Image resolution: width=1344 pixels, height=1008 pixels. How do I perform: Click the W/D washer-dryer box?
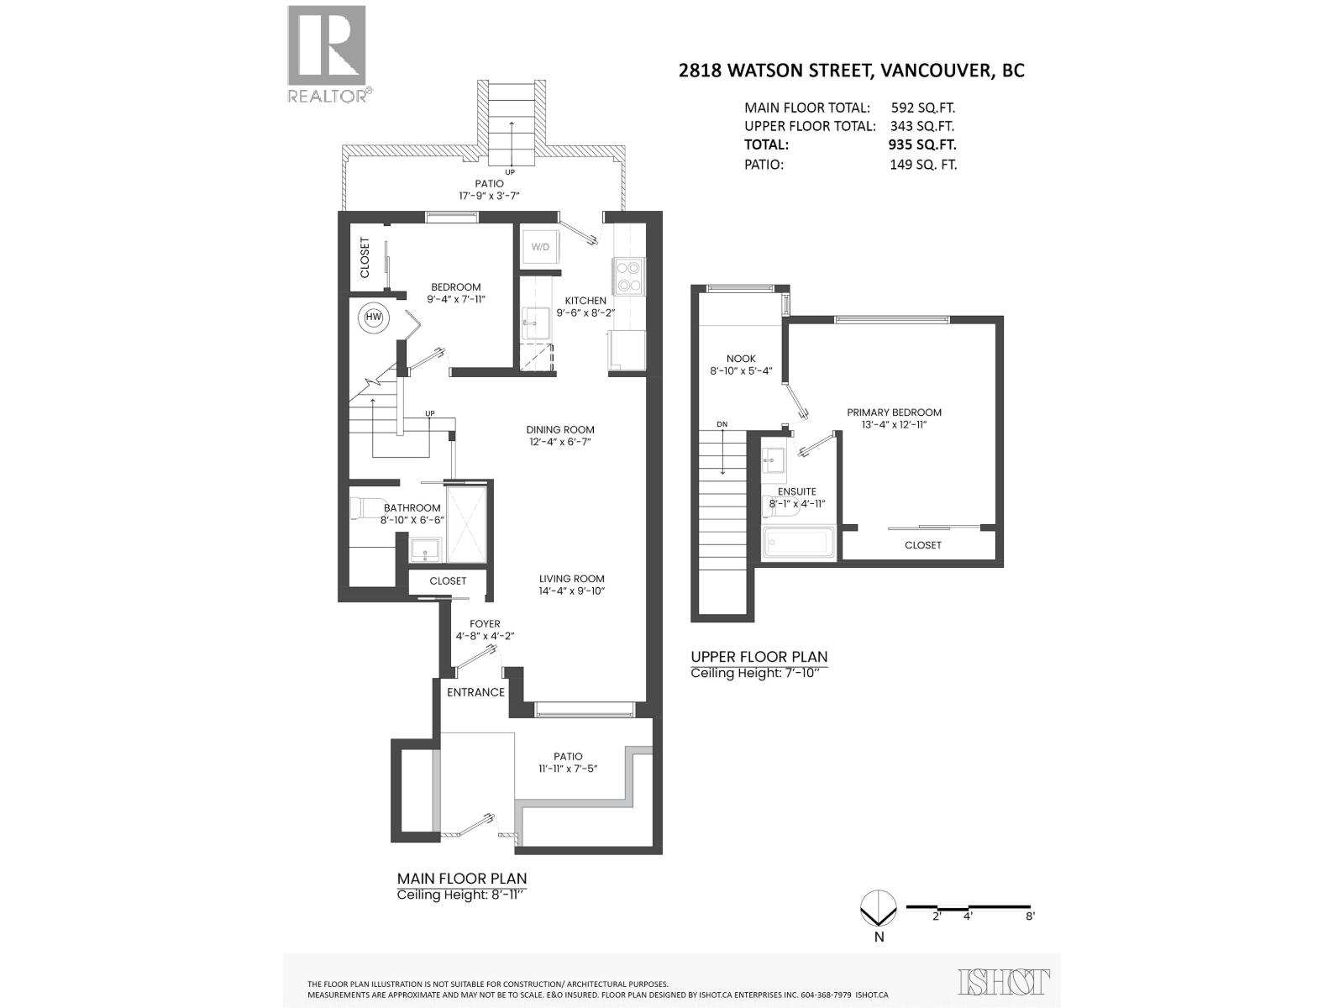[539, 247]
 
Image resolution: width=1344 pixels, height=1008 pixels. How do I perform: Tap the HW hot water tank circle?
[374, 318]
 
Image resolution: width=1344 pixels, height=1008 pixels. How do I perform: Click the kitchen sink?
[536, 323]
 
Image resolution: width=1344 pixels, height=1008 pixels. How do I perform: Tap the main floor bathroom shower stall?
[466, 524]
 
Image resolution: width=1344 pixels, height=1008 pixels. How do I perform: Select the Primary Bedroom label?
[894, 412]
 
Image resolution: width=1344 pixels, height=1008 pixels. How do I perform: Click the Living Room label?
[572, 579]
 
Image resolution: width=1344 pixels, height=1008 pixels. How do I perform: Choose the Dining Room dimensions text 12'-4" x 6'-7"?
[560, 442]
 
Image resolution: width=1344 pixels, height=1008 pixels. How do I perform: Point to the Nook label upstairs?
[741, 359]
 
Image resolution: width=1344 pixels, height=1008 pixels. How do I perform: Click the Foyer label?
[485, 623]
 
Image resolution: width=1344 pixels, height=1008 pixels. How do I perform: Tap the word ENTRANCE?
[475, 692]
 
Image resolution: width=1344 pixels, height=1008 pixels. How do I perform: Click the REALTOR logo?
[328, 54]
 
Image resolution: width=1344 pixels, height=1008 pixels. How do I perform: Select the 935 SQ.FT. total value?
[922, 145]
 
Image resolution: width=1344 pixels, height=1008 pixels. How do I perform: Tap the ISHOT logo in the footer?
[1004, 981]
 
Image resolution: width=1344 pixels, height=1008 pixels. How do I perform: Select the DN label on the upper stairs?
[722, 424]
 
